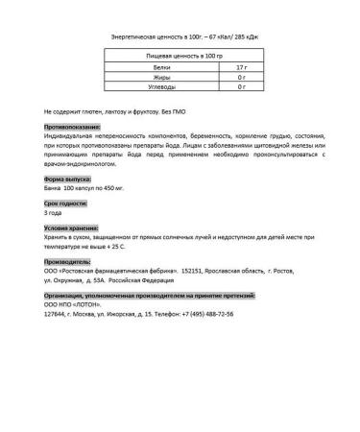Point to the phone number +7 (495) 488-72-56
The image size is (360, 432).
click(x=210, y=313)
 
